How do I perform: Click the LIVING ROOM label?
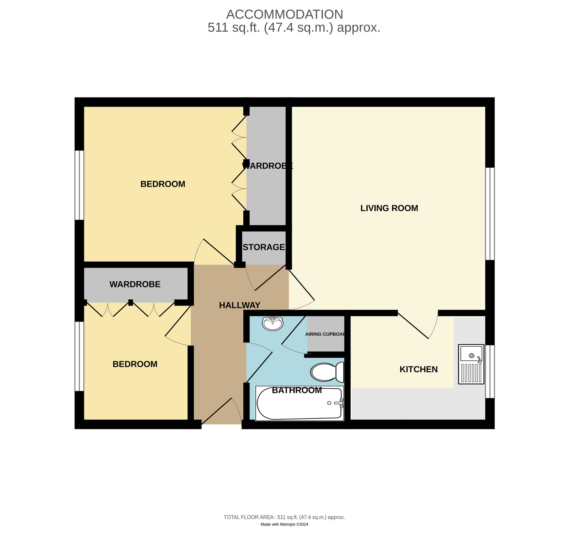(x=389, y=208)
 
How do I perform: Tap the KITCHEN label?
(x=418, y=369)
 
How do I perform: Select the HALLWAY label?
(x=239, y=305)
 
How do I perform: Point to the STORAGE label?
(x=264, y=247)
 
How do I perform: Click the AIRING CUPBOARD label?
(x=325, y=334)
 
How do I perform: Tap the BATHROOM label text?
(x=297, y=390)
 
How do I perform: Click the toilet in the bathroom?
(x=327, y=372)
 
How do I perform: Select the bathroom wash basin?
(x=272, y=323)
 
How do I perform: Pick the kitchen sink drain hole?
(x=471, y=356)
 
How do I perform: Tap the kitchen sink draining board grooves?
(x=471, y=373)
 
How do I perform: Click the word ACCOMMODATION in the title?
(x=284, y=14)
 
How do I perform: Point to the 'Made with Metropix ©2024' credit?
(x=284, y=524)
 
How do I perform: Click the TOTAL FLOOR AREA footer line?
(x=284, y=517)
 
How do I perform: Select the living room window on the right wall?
(x=490, y=213)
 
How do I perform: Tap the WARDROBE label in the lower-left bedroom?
(x=135, y=284)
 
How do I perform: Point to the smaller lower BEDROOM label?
(x=135, y=364)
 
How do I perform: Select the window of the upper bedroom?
(x=79, y=185)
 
